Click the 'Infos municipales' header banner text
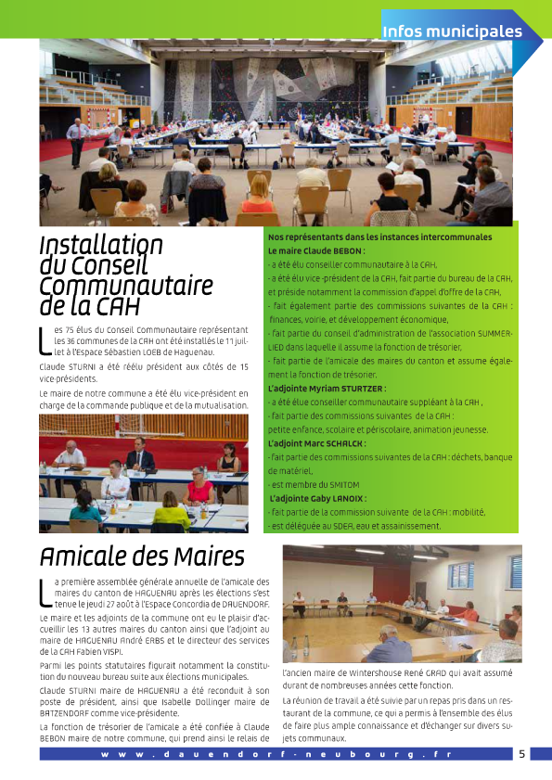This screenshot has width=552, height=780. point(452,32)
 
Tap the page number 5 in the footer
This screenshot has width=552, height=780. point(521,754)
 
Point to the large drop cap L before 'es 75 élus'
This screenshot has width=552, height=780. point(45,340)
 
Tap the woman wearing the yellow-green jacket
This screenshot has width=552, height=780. point(172,515)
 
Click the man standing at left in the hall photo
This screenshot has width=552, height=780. point(74,139)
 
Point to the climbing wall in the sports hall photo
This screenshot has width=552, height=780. point(278,88)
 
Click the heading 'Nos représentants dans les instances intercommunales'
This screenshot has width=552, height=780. point(379,237)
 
